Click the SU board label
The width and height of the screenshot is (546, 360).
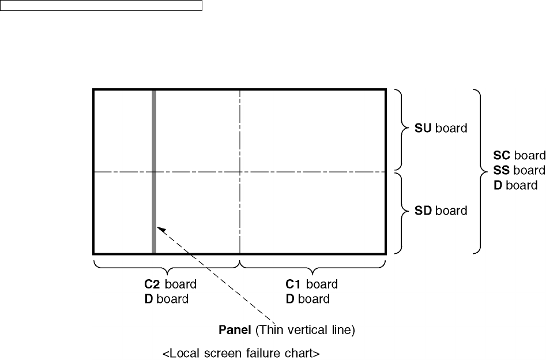[x=440, y=129]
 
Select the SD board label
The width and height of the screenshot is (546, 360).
[x=440, y=211]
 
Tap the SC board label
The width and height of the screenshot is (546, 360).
[x=519, y=156]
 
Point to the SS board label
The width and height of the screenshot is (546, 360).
[x=519, y=171]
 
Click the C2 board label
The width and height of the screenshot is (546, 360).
[x=170, y=284]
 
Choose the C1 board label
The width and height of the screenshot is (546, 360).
[x=312, y=284]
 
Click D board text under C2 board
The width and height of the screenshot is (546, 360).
[x=166, y=299]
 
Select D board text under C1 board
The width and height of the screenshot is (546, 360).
[x=308, y=299]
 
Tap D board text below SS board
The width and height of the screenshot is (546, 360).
[x=515, y=186]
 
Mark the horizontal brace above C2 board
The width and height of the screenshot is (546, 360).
[x=166, y=267]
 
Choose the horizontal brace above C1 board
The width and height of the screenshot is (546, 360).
[x=312, y=267]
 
